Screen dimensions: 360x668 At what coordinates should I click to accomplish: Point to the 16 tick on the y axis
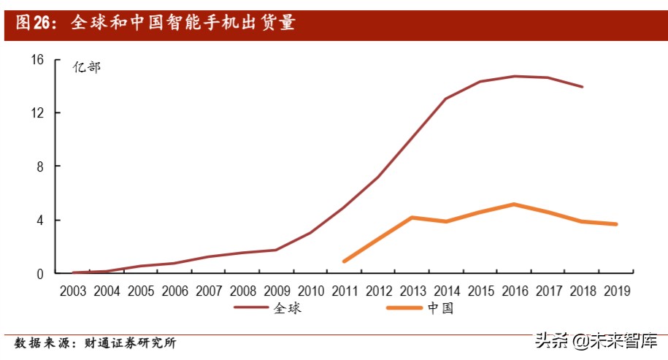(38, 59)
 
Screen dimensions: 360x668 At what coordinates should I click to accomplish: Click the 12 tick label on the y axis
(38, 113)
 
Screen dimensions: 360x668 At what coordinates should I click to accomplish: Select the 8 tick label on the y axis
(41, 166)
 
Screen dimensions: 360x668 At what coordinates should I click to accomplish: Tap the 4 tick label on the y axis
(41, 220)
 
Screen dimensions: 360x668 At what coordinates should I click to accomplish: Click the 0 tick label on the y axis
(41, 273)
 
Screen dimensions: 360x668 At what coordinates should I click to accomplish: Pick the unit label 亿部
(86, 67)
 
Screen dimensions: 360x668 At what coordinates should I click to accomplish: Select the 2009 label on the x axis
(276, 291)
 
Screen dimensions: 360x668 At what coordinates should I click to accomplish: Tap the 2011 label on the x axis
(344, 291)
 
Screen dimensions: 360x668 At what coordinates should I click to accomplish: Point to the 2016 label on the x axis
(514, 291)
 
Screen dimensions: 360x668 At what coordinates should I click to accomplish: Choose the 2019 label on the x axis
(615, 291)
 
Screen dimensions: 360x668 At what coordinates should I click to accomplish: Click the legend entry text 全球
(288, 308)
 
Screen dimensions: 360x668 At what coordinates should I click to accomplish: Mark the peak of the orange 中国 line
(514, 204)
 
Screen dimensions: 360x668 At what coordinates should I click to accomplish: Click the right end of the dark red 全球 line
(582, 86)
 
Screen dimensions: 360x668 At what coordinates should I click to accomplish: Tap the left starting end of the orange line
(344, 261)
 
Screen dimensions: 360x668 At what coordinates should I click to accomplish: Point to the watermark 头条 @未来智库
(596, 341)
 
